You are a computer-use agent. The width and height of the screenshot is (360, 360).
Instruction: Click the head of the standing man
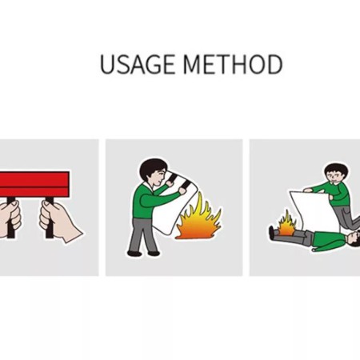point(151,170)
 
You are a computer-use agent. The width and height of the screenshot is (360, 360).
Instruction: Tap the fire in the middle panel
point(198,220)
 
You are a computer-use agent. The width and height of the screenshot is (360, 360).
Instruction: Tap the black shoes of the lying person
point(271,232)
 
